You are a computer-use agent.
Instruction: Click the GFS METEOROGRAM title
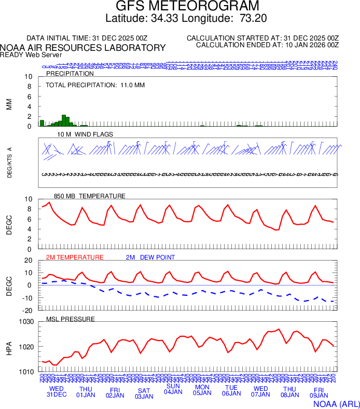tap(187, 7)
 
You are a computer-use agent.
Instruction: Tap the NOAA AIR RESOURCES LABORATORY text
tap(83, 48)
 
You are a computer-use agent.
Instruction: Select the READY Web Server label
tap(31, 55)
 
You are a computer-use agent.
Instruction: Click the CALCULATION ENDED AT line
tap(267, 45)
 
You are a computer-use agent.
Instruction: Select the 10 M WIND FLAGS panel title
tap(86, 134)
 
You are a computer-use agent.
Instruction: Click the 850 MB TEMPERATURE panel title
tap(90, 196)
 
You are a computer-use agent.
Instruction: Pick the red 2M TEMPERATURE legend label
tap(75, 257)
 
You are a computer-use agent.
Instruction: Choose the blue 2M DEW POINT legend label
tap(150, 257)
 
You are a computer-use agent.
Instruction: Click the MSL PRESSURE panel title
tap(71, 319)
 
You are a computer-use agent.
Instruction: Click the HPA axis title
tap(9, 347)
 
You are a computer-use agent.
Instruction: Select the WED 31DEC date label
tap(57, 392)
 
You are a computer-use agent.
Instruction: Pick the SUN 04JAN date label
tap(173, 389)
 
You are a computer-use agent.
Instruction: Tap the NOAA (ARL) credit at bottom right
tap(336, 403)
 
